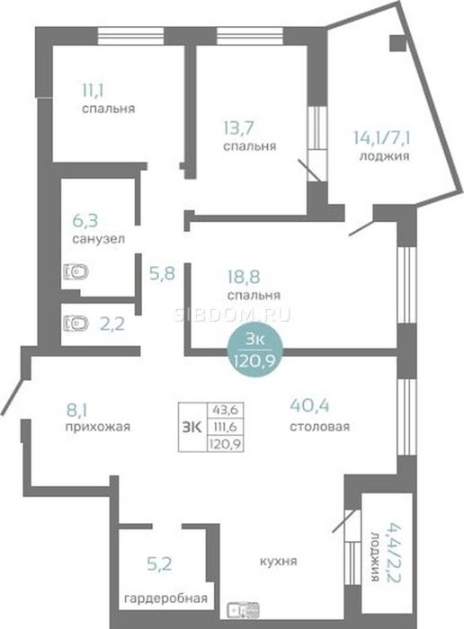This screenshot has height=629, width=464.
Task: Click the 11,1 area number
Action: tap(93, 90)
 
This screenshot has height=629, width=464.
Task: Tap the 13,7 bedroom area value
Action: tap(238, 128)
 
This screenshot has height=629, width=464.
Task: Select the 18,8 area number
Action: tap(244, 277)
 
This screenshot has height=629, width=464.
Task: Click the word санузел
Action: tap(98, 239)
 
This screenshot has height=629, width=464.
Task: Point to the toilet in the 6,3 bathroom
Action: tap(76, 272)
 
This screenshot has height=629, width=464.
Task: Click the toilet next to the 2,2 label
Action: tap(76, 323)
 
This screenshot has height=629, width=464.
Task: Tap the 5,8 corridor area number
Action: tap(162, 274)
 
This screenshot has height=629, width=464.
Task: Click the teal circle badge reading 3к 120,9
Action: tap(254, 350)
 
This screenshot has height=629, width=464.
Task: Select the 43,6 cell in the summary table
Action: tap(226, 410)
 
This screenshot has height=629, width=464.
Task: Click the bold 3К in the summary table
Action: tap(192, 427)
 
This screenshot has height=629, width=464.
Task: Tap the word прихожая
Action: tap(97, 427)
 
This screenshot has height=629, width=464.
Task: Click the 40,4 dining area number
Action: tap(309, 405)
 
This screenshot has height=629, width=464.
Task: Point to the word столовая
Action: tap(319, 426)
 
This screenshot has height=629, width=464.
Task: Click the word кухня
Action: tap(279, 561)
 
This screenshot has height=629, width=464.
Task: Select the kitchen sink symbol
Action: tap(243, 610)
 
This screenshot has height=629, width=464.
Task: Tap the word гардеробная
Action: tap(165, 599)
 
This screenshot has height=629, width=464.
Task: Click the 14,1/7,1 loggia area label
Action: tap(384, 138)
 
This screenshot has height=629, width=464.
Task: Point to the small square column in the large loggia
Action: tap(397, 43)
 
